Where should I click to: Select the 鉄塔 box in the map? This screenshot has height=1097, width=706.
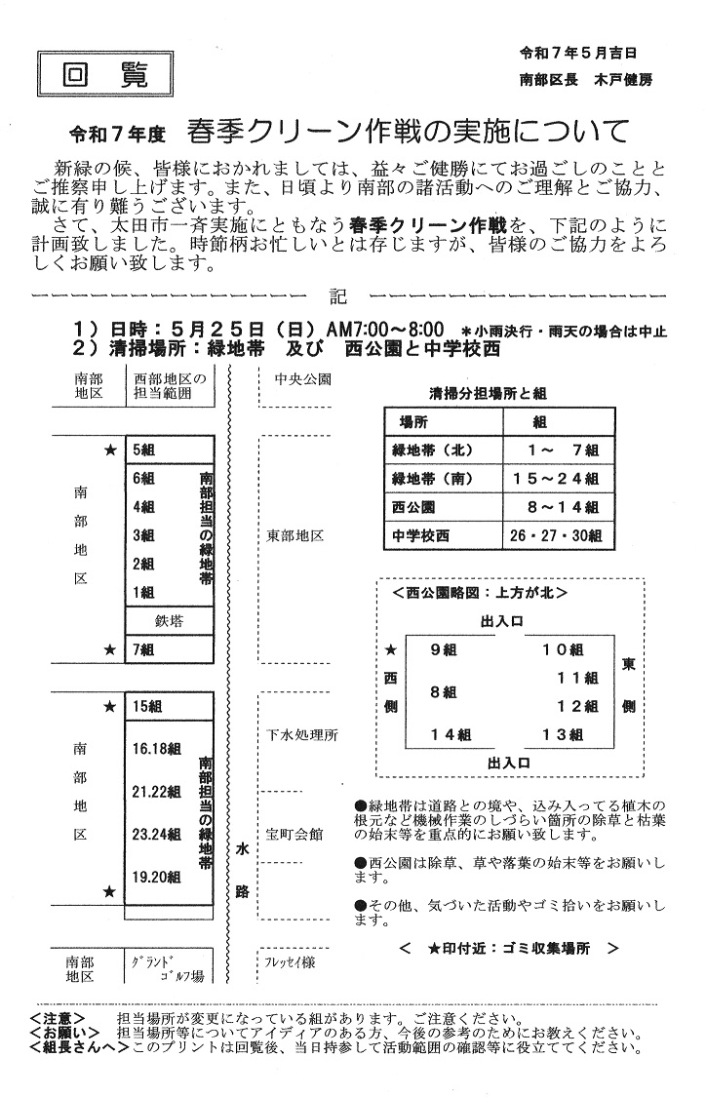point(169,620)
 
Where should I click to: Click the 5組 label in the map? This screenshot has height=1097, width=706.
point(143,451)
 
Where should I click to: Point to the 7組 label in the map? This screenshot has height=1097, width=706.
point(143,649)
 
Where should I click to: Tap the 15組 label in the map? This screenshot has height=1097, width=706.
point(146,706)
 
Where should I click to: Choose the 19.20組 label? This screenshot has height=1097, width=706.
point(157,878)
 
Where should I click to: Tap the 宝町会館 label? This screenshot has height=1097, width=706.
point(294,835)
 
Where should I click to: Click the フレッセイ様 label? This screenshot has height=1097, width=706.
point(290,961)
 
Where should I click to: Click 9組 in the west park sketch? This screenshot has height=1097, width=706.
point(443,649)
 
